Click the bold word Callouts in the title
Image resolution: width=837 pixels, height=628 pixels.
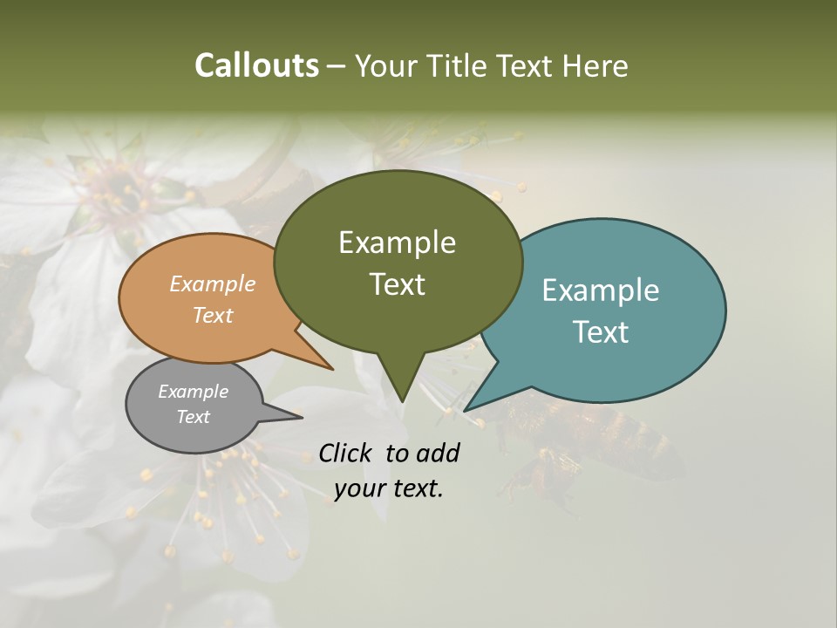coord(256,65)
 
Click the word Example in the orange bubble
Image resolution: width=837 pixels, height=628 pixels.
coord(213,283)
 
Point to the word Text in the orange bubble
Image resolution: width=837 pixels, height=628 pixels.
coord(213,315)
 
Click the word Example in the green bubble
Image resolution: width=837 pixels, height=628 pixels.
coord(397,242)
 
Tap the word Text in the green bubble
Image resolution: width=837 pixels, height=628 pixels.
coord(397,284)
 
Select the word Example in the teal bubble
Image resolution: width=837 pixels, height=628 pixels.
coord(601,290)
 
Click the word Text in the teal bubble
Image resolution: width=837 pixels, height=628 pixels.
coord(601,332)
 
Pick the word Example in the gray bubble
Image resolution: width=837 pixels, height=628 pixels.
coord(193,392)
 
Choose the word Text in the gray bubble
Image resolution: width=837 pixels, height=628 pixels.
coord(193,417)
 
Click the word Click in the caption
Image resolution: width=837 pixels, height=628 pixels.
coord(347,453)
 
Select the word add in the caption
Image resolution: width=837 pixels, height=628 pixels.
coord(437,453)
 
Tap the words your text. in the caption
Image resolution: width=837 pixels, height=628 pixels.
coord(389,488)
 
